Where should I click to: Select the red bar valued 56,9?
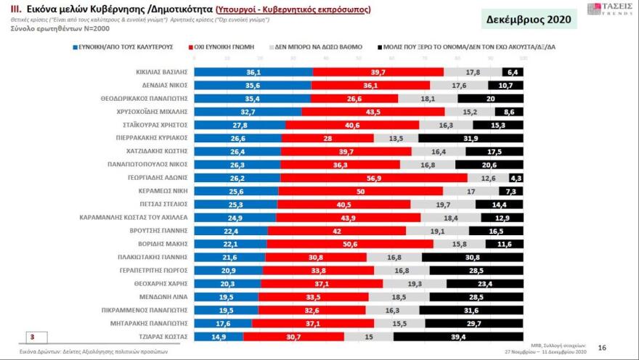(x=373, y=178)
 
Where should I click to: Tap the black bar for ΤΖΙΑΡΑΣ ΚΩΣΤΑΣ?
(x=457, y=336)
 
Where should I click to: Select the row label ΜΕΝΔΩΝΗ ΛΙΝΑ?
(x=168, y=296)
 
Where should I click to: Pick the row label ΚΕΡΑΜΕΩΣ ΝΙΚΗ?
(x=165, y=191)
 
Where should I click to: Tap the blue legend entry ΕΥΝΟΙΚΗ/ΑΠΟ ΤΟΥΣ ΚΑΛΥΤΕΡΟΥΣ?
(x=125, y=46)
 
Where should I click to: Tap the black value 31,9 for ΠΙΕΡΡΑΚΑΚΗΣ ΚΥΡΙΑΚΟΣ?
(x=470, y=138)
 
